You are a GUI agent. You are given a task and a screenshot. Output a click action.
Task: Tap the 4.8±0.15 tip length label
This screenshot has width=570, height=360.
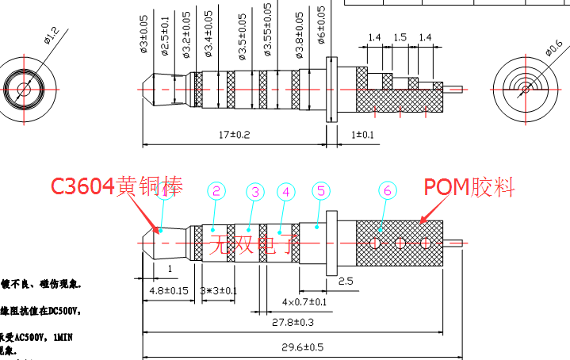[169, 290]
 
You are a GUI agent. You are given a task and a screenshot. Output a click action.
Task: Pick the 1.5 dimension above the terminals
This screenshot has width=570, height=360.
[400, 37]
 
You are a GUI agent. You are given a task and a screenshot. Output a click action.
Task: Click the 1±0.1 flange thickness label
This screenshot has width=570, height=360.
[362, 135]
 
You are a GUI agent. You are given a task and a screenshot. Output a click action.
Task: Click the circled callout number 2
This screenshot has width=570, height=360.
[216, 191]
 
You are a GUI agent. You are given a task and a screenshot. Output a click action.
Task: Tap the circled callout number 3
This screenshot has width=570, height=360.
[254, 192]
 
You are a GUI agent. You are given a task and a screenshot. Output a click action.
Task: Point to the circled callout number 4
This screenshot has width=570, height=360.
[286, 192]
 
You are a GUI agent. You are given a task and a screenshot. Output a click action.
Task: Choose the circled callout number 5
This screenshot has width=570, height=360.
[320, 191]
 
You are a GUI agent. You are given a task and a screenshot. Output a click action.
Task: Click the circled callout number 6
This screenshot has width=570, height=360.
[387, 191]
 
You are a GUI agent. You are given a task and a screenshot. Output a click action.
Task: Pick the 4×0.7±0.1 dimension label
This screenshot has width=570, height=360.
[305, 302]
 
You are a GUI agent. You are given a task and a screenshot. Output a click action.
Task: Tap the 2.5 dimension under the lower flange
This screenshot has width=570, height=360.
[346, 281]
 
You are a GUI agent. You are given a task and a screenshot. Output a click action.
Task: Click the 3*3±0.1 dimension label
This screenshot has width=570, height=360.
[219, 290]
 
